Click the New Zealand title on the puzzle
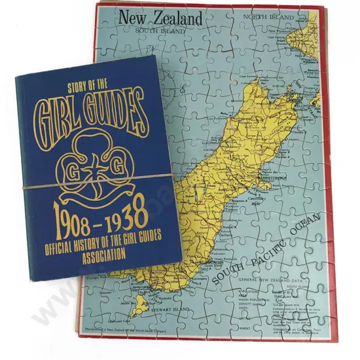[160, 18]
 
